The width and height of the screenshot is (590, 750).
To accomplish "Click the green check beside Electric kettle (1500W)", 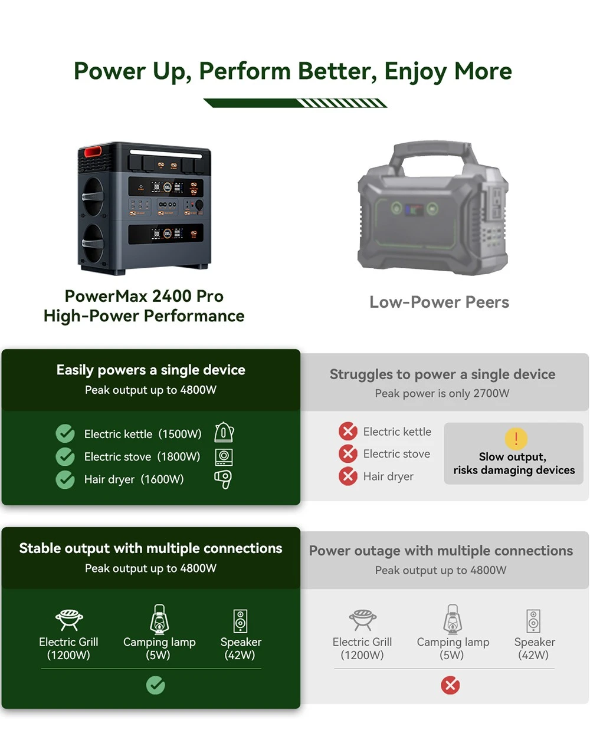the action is pos(65,433).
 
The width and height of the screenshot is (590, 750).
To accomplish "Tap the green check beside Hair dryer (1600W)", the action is pos(65,479).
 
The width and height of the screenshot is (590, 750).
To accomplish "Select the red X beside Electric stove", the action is pos(348,454).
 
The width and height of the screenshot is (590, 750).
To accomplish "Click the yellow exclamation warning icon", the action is pos(516,439).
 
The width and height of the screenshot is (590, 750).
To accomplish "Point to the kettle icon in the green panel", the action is pos(224,432).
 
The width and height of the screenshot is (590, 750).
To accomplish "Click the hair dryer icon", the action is pos(223,479).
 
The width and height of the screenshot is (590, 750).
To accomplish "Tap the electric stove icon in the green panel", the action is pos(224,457).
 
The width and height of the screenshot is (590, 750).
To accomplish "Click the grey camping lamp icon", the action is pos(453,619).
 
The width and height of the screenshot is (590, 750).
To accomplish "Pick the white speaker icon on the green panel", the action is pos(240,621).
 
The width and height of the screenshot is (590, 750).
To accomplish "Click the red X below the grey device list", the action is pos(450,686).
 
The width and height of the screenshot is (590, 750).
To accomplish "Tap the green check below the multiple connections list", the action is pos(156,685).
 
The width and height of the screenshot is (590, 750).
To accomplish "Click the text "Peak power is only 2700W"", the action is pos(442,393).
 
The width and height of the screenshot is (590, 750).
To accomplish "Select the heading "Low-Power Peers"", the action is pos(439,302).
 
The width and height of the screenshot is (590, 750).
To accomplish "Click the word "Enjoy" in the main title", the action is pos(415,71).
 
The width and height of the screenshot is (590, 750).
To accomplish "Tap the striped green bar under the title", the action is pos(296,103).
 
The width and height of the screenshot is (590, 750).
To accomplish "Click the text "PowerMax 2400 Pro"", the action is pos(144,296).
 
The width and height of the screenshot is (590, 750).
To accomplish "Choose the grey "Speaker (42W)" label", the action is pos(534,648).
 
